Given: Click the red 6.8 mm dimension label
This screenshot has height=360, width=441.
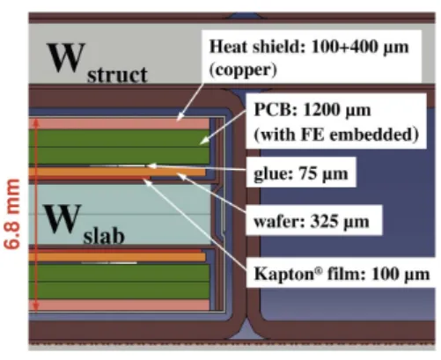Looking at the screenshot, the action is [12, 214].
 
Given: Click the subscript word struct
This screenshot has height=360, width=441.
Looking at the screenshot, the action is [117, 75].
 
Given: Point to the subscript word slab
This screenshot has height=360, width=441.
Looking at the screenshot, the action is [104, 236].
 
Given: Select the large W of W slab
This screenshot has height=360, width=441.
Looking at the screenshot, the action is [62, 218].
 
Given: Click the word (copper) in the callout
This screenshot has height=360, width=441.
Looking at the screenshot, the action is [243, 70].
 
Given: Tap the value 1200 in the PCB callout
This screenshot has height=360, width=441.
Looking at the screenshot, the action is [320, 110].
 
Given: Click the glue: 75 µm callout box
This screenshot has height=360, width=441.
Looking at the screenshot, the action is [301, 173].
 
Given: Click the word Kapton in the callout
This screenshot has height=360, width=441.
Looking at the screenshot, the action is [284, 275].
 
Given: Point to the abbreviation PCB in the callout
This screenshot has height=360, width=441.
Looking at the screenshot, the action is [273, 110].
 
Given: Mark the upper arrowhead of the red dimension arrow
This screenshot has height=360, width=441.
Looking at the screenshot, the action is [36, 122].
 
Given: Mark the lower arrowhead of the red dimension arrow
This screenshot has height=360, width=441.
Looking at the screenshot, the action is [36, 307].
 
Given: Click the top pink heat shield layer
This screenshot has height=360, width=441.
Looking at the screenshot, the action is [119, 124].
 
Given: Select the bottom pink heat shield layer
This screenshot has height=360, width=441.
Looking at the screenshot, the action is [119, 305].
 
